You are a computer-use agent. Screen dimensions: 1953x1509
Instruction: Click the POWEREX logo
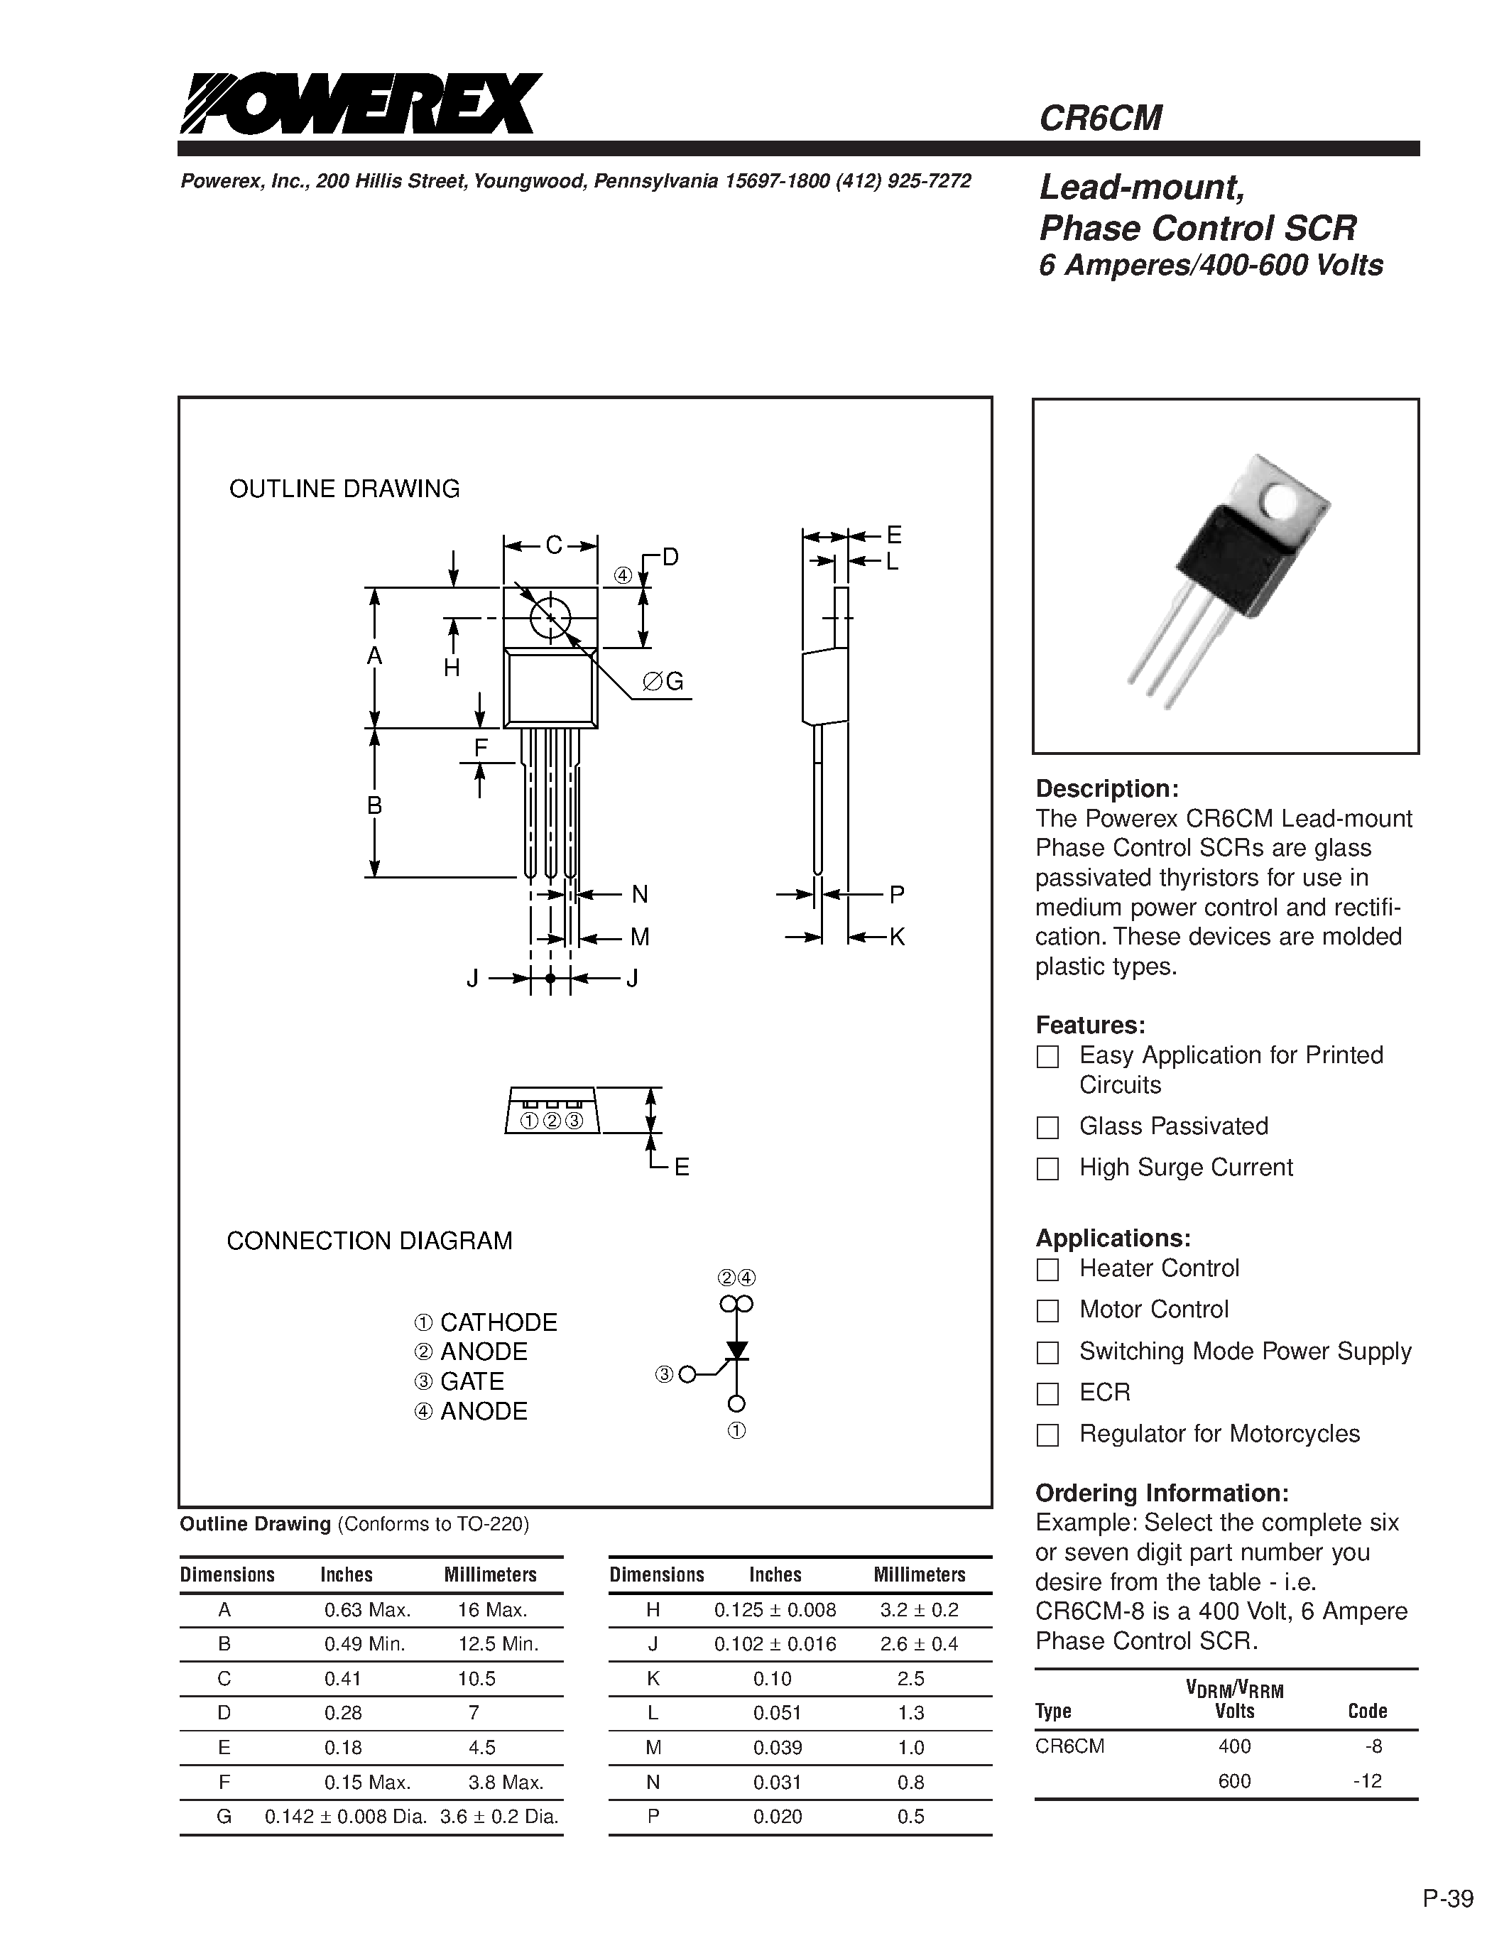pyautogui.click(x=361, y=104)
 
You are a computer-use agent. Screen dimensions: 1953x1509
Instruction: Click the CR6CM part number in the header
pyautogui.click(x=1101, y=118)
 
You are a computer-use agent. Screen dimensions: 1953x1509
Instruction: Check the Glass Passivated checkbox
pyautogui.click(x=1047, y=1127)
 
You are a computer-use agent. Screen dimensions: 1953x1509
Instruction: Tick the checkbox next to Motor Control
pyautogui.click(x=1047, y=1310)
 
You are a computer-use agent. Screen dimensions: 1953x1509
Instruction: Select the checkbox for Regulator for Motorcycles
pyautogui.click(x=1047, y=1435)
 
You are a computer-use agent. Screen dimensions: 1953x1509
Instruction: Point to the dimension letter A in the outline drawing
pyautogui.click(x=374, y=656)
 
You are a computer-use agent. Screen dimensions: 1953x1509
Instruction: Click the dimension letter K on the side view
pyautogui.click(x=897, y=937)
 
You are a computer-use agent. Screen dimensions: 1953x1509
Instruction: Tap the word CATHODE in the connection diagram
pyautogui.click(x=498, y=1322)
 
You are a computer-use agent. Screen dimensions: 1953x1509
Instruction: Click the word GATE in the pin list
pyautogui.click(x=472, y=1381)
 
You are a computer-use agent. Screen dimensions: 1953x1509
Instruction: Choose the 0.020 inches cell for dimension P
pyautogui.click(x=777, y=1816)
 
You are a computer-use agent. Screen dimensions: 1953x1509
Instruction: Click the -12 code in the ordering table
pyautogui.click(x=1367, y=1780)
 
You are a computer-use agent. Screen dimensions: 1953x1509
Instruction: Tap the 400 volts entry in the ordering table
pyautogui.click(x=1233, y=1746)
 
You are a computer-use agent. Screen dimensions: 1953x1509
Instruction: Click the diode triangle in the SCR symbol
pyautogui.click(x=736, y=1349)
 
